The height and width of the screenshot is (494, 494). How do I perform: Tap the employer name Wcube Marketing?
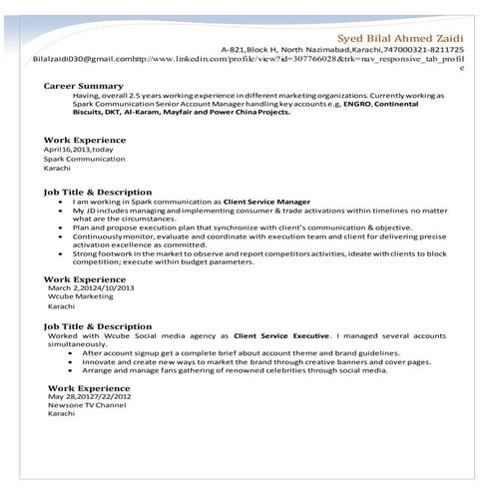click(x=81, y=296)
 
